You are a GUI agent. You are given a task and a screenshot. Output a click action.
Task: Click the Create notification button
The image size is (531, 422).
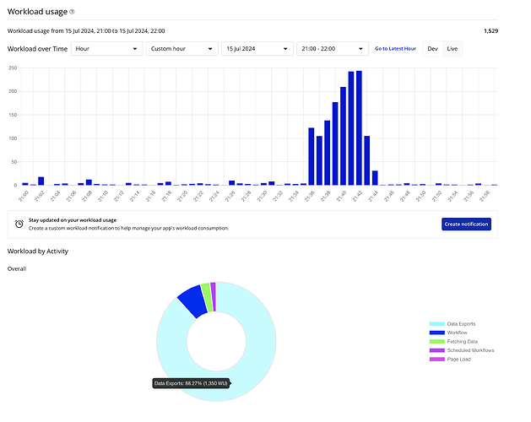coord(466,224)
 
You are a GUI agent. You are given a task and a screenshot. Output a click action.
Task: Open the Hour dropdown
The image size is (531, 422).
coord(106,48)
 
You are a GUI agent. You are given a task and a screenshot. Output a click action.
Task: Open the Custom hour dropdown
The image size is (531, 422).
coord(181,48)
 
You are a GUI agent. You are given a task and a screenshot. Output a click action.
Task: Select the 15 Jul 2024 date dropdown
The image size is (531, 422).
coord(255,48)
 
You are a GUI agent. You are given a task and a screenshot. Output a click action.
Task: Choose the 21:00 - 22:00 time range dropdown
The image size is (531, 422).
coord(330,48)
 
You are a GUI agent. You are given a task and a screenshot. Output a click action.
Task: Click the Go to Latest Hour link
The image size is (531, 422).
coord(395,49)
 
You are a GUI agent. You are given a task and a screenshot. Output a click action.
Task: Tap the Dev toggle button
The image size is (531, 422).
coord(432,49)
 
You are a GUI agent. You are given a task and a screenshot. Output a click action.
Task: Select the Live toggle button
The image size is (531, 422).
coord(452,49)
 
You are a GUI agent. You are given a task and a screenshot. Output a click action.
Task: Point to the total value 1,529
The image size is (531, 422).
coord(490,30)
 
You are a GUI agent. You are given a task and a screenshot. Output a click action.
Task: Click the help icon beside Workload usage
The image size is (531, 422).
coord(72,12)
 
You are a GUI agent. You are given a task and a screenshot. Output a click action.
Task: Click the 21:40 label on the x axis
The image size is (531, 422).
coord(342,196)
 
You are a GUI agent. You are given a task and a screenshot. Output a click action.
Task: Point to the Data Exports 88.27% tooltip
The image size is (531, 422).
coord(191,383)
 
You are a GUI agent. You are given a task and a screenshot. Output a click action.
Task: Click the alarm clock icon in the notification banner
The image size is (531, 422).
coord(19,224)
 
